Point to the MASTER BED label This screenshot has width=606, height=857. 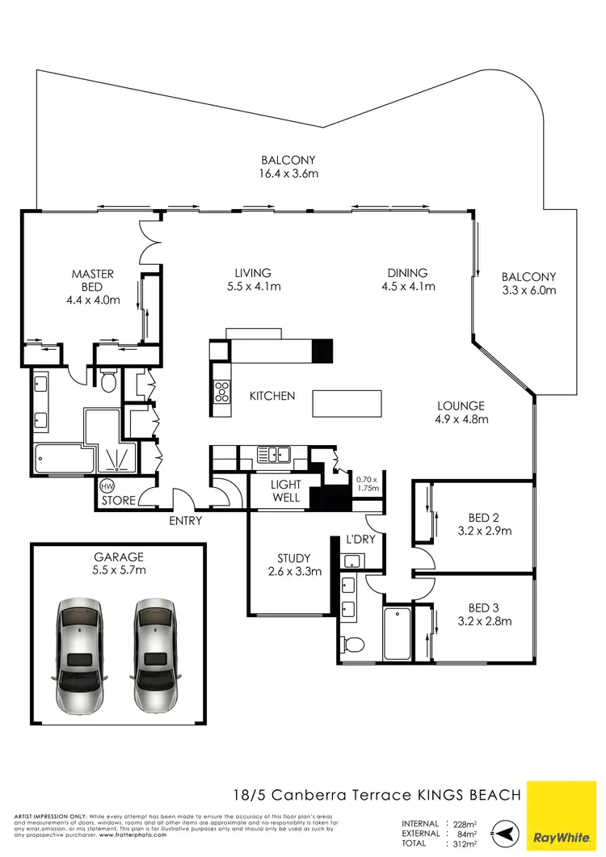coord(92,280)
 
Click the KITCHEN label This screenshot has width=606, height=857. coord(271,396)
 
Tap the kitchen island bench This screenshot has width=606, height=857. coord(347,402)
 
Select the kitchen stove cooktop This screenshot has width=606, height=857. coord(220,393)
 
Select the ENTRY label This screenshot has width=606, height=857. coord(185,521)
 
